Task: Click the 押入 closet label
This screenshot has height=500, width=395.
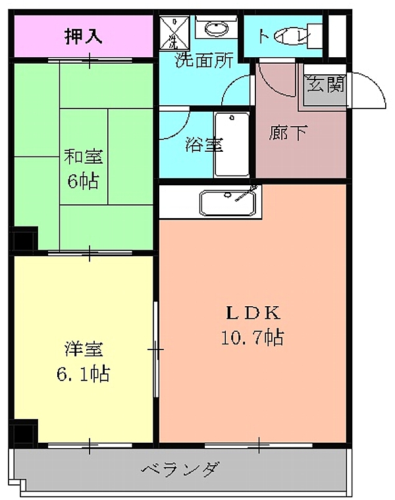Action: (x=83, y=36)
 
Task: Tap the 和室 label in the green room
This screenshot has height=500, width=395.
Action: (x=83, y=157)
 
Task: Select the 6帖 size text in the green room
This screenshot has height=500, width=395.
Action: (x=83, y=180)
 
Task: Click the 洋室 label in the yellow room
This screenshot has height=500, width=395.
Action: (x=83, y=349)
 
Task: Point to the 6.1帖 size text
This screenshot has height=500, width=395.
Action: (x=83, y=374)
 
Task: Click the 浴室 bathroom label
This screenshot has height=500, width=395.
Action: (x=203, y=145)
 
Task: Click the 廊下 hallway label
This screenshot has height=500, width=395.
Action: (x=288, y=133)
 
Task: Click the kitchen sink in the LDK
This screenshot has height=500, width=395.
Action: (x=226, y=203)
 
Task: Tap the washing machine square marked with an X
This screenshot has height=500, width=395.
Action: (x=172, y=33)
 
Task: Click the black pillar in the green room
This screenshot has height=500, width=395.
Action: (x=25, y=239)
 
